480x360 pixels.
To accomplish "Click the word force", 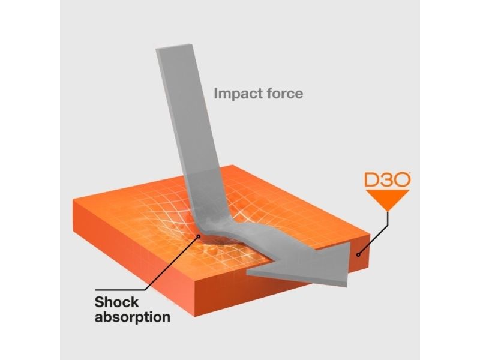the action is [x=285, y=94].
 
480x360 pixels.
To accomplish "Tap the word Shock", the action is [x=116, y=302].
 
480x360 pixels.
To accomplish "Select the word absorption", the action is [x=133, y=317].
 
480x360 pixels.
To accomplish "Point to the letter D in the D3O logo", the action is [x=372, y=180].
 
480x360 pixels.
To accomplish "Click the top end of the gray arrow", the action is [x=175, y=47].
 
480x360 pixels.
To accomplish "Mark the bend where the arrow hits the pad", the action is [x=202, y=233].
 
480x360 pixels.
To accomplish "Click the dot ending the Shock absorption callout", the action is [x=199, y=236].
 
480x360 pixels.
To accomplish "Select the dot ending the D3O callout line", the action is [x=358, y=254].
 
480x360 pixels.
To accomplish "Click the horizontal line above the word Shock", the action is [x=120, y=290].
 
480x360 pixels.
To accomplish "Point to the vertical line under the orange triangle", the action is [x=388, y=218].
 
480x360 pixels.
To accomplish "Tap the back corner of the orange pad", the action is [x=232, y=166].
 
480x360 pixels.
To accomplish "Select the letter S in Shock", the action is [x=99, y=302].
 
